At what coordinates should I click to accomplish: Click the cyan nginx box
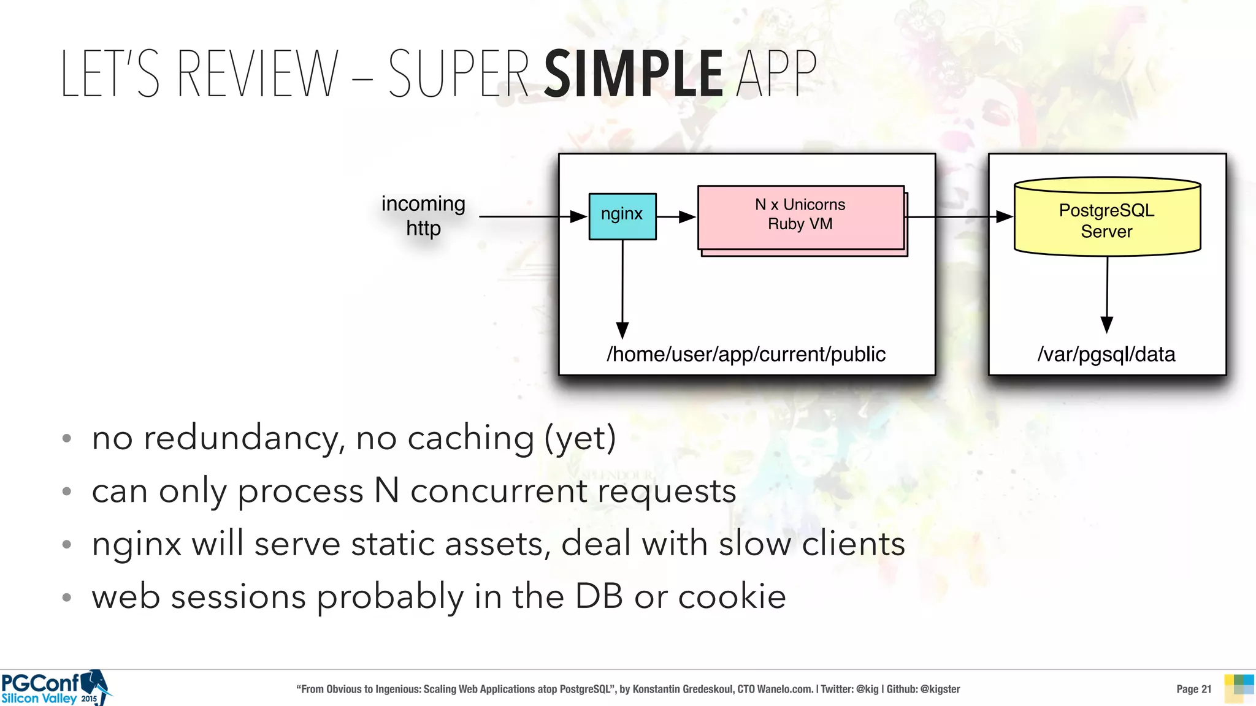622,216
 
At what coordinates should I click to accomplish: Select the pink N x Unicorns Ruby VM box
800,218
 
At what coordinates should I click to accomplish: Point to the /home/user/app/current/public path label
746,354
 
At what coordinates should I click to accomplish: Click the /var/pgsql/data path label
1106,354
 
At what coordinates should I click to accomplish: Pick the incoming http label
423,216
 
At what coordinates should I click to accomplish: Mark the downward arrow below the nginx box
622,288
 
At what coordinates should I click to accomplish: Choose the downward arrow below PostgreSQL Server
1107,294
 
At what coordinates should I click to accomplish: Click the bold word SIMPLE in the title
634,75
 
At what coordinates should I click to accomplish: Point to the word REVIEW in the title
258,75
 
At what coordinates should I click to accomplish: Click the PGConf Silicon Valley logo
55,688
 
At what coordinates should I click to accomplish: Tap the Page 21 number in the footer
1193,689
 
